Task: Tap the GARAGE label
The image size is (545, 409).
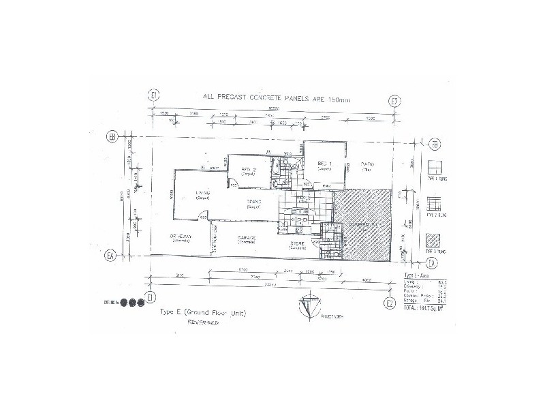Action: coord(246,239)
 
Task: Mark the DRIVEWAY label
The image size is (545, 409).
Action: coord(183,237)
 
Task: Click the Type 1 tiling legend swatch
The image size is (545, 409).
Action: coord(435,168)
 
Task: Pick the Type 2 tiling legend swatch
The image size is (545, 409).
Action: coord(435,205)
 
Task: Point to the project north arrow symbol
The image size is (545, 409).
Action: coord(307,307)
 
